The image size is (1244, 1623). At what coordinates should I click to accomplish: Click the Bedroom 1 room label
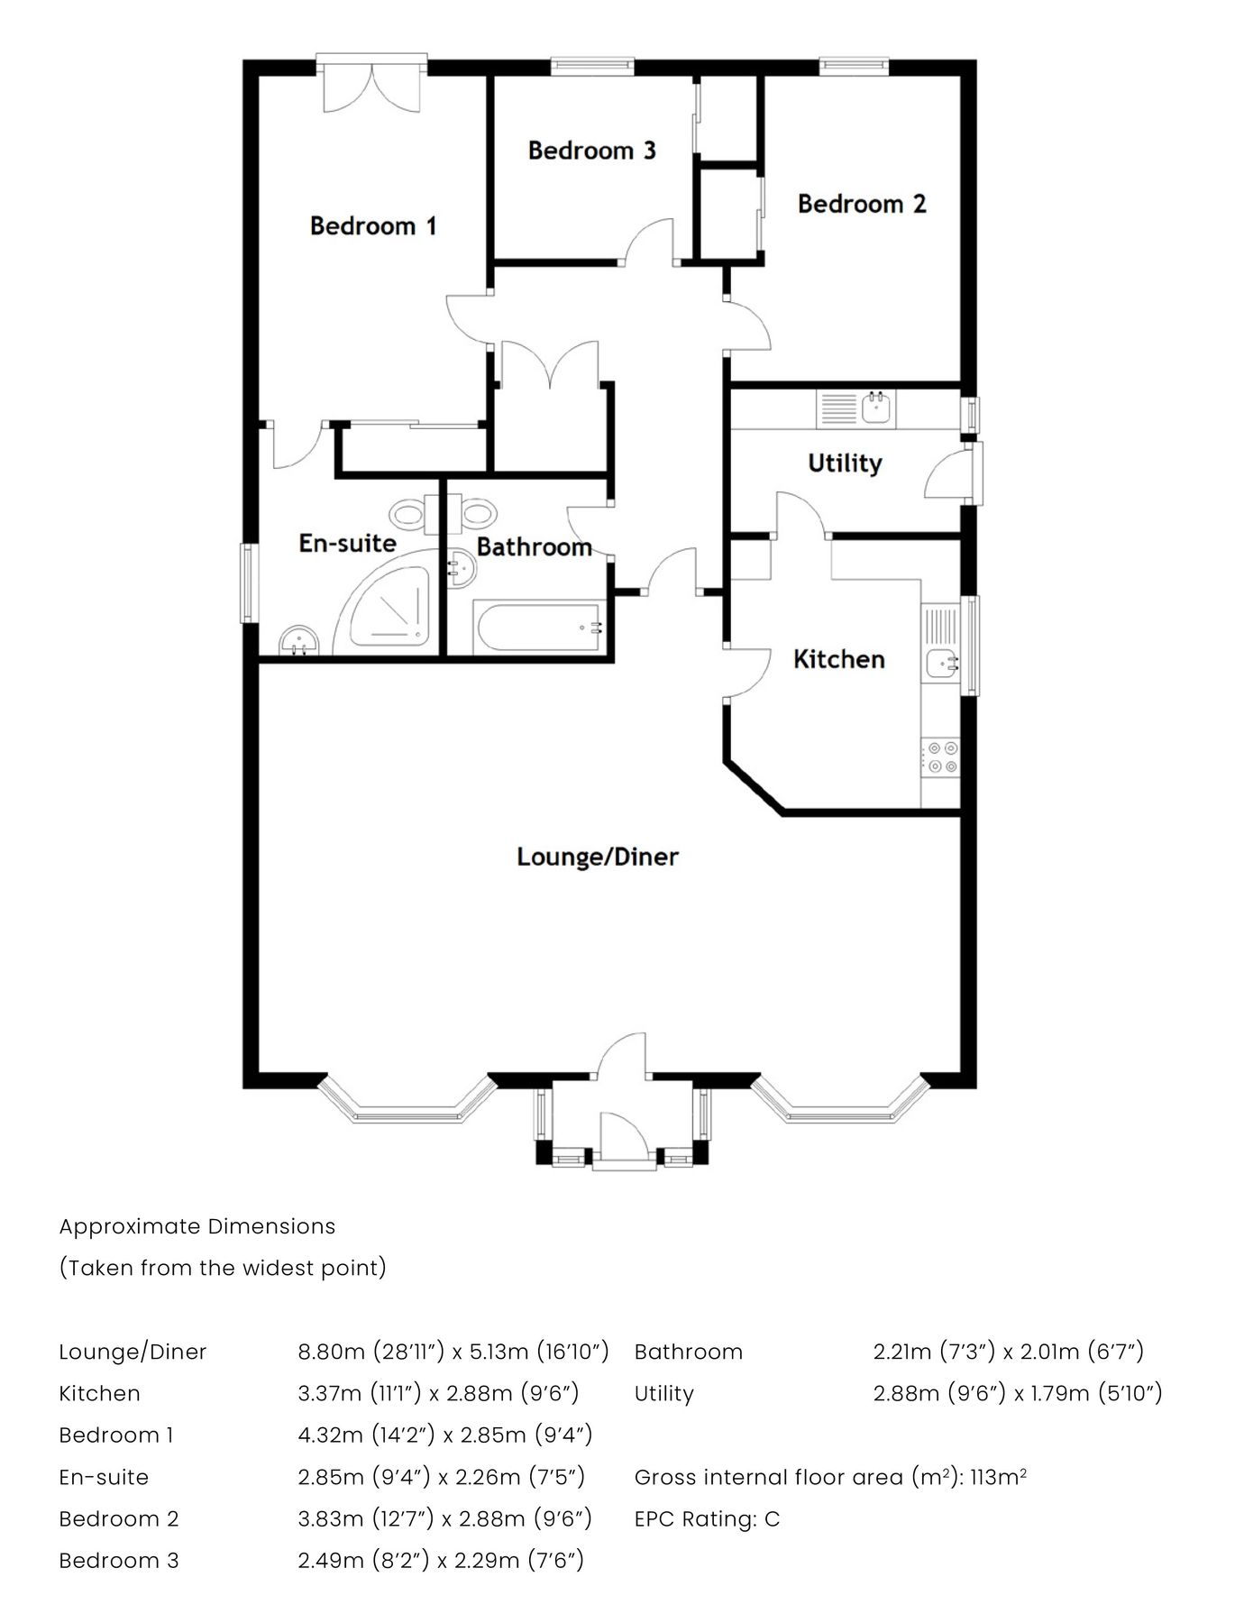pyautogui.click(x=372, y=225)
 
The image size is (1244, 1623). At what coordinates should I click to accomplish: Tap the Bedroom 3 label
pyautogui.click(x=591, y=151)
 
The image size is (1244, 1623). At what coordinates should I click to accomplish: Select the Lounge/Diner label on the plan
pyautogui.click(x=597, y=857)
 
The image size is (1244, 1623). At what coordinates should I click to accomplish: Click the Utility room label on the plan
pyautogui.click(x=844, y=463)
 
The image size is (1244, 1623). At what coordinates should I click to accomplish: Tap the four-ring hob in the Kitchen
pyautogui.click(x=940, y=757)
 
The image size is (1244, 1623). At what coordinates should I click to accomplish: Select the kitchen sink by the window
pyautogui.click(x=940, y=664)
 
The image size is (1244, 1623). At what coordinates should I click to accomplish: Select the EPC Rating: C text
pyautogui.click(x=707, y=1519)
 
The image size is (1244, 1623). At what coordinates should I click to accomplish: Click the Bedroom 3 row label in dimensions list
pyautogui.click(x=119, y=1561)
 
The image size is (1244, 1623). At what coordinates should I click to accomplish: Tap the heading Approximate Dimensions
pyautogui.click(x=197, y=1226)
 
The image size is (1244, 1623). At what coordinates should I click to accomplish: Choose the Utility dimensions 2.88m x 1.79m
pyautogui.click(x=1017, y=1393)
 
